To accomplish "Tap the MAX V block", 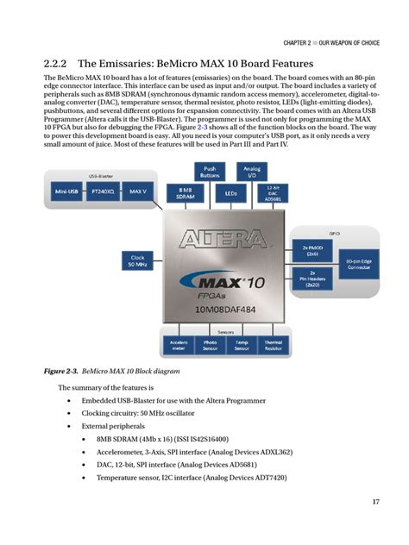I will point(137,191).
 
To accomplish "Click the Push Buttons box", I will point(210,171).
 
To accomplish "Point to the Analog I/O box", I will point(252,171).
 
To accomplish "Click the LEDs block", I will point(230,193).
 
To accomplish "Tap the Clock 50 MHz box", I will point(137,260).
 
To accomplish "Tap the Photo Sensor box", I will point(210,345).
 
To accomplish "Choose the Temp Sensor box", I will point(241,345).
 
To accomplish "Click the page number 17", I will point(376,502).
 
